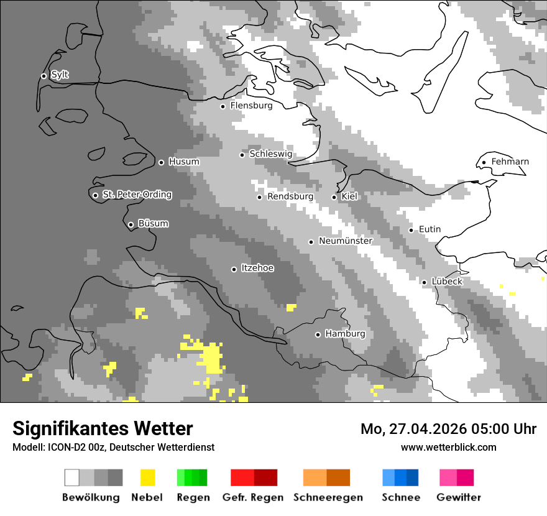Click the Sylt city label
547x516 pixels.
tap(60, 75)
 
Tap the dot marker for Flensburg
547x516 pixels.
tap(223, 106)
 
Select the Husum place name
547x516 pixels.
tap(184, 162)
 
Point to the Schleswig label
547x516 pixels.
tap(270, 154)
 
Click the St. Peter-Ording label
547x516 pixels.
tap(137, 195)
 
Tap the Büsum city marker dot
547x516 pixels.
tap(131, 224)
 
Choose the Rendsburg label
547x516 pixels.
tap(290, 196)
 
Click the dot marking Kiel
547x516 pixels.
tap(334, 197)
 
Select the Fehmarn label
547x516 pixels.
tap(510, 162)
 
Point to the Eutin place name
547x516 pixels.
tap(430, 229)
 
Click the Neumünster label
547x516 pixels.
tap(345, 241)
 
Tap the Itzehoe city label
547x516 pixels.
tap(257, 268)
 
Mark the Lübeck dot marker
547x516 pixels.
tap(424, 282)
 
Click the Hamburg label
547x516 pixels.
tap(345, 334)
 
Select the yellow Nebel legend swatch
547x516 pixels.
tap(147, 477)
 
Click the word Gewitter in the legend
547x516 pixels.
tap(458, 497)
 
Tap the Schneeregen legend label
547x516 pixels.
tap(328, 497)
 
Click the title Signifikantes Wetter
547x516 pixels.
tap(103, 428)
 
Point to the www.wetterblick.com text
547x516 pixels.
tap(448, 448)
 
